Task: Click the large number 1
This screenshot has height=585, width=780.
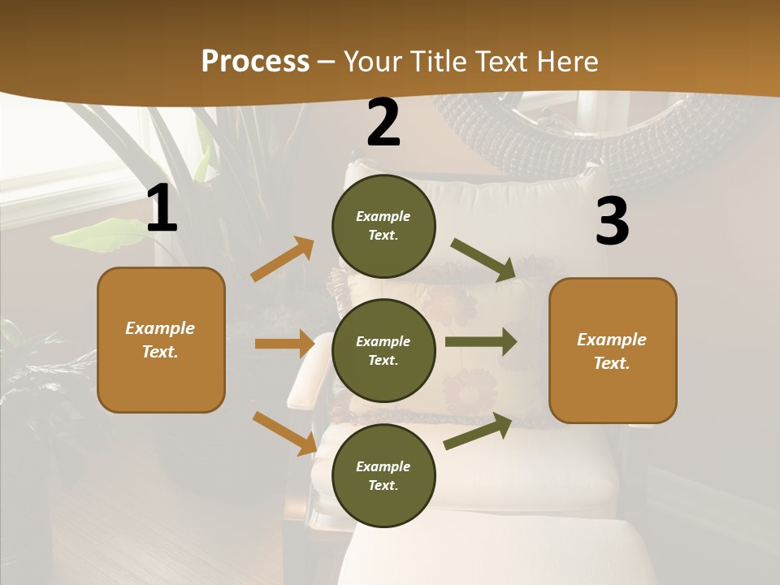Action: (162, 209)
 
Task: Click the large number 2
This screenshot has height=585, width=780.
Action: (383, 123)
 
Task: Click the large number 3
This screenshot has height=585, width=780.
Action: (612, 222)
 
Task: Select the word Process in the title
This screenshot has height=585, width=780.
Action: (255, 61)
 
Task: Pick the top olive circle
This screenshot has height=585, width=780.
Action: (383, 226)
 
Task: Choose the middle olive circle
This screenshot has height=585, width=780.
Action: (383, 350)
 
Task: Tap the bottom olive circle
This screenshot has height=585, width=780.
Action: (383, 475)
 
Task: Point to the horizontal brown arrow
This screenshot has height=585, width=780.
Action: (284, 344)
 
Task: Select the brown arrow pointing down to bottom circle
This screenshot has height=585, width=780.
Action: (285, 432)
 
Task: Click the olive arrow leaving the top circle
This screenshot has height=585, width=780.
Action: (483, 260)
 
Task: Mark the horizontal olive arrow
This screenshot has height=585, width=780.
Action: (481, 342)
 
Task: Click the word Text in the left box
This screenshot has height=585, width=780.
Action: (160, 352)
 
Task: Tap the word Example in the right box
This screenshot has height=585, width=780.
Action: (612, 340)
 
